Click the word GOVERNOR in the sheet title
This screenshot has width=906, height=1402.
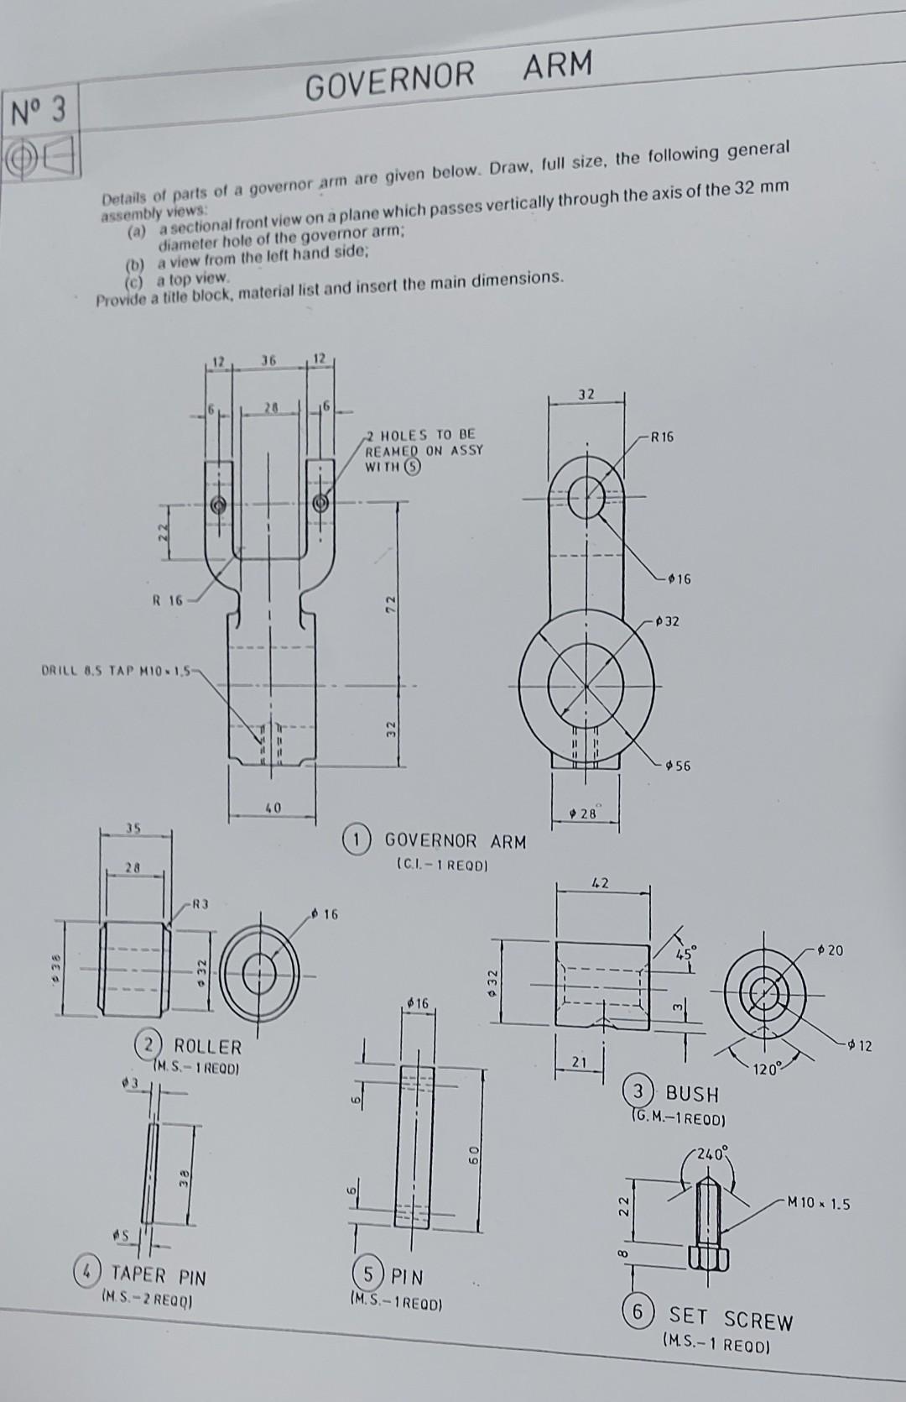click(x=390, y=80)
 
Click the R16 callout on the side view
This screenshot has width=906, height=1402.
click(x=660, y=437)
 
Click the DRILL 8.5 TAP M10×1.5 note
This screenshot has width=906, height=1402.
click(x=117, y=671)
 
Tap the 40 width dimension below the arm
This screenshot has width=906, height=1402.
click(x=273, y=808)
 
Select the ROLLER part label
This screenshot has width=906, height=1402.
click(x=207, y=1047)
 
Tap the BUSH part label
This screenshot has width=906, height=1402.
click(x=692, y=1094)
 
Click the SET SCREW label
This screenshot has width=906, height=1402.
click(x=730, y=1321)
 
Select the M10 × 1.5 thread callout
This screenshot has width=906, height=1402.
click(x=818, y=1204)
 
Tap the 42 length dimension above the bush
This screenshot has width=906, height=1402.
click(x=600, y=883)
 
